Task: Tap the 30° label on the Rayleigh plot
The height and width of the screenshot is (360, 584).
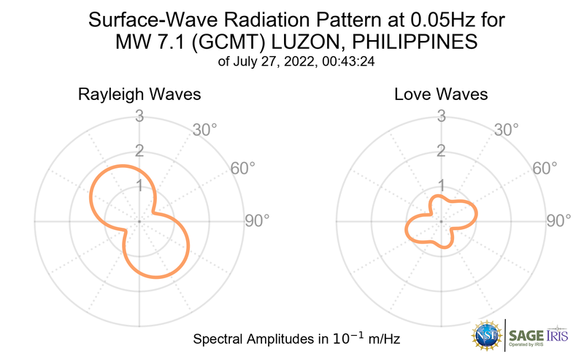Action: [x=204, y=130]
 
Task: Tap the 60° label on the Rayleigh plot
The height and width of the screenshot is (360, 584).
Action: [x=243, y=168]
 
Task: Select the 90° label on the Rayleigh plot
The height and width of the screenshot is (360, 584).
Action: [x=257, y=221]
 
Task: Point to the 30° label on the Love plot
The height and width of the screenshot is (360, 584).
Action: [x=506, y=130]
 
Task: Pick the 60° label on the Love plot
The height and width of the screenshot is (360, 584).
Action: [x=545, y=168]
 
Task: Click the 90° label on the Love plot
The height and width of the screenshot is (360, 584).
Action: [x=558, y=221]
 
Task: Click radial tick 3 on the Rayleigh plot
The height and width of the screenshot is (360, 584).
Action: [x=138, y=115]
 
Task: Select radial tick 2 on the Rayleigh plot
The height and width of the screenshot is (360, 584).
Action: [x=138, y=150]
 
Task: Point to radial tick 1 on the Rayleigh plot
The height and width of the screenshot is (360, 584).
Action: [x=138, y=185]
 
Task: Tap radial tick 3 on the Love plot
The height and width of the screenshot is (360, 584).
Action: [x=440, y=115]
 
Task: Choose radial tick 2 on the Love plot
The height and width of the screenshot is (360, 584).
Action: [x=440, y=150]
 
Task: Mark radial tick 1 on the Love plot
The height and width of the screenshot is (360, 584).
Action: [x=440, y=185]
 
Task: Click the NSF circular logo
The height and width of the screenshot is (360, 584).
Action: [x=487, y=334]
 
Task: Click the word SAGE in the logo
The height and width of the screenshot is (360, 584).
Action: [x=528, y=335]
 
